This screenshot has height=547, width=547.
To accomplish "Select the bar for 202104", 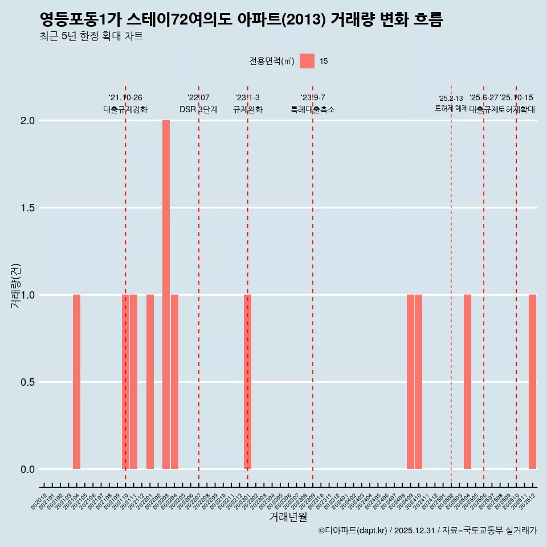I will tap(76, 382).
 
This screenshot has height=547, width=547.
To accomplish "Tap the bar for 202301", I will tap(247, 382).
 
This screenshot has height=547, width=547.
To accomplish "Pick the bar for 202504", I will tap(467, 382).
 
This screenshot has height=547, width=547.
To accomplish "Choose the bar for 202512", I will tap(532, 382).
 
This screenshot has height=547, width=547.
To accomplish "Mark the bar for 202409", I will tap(410, 382).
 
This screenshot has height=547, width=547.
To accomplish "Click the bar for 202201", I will tap(150, 382).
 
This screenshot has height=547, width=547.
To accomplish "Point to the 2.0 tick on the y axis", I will tap(28, 121).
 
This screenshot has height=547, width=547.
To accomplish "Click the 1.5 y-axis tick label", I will tap(28, 208).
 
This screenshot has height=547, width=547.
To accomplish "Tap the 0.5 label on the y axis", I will tap(28, 382).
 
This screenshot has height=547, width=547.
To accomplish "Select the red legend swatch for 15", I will tap(307, 61).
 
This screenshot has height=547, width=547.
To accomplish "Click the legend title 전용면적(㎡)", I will tap(272, 62).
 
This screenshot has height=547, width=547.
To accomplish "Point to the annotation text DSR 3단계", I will tap(198, 109).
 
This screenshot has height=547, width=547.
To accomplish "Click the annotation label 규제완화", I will tap(247, 109).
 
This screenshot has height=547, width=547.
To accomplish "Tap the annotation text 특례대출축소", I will tap(312, 109).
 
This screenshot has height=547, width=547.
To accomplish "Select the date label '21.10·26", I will tap(125, 98).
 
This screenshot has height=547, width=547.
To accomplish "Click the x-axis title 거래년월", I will tap(288, 517).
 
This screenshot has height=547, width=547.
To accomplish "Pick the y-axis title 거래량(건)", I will tap(16, 286).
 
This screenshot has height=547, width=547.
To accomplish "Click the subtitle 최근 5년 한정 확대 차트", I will tap(91, 36).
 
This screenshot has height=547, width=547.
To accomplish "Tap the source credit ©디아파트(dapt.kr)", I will tap(353, 531).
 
